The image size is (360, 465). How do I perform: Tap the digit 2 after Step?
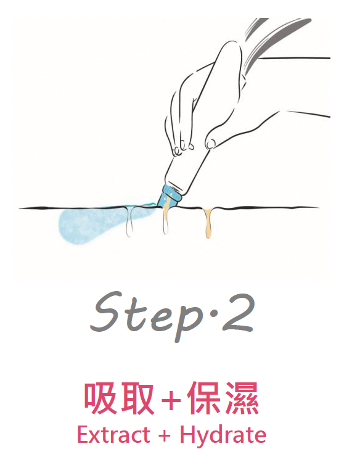tap(236, 313)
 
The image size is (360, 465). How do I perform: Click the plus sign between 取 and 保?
tap(171, 400)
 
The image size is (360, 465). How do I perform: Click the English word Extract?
tap(113, 435)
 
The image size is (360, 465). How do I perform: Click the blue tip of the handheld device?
tap(168, 196)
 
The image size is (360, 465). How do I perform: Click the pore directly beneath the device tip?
tap(166, 220)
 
